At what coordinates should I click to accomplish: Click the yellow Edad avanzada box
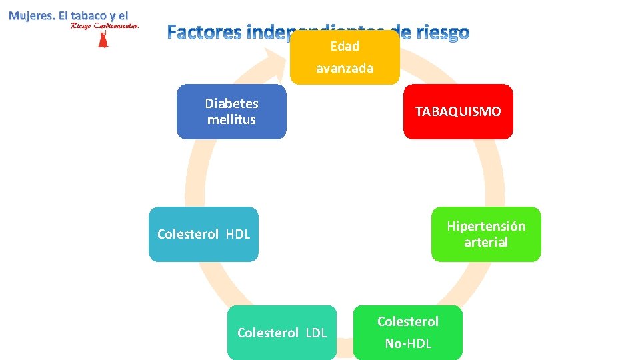(345, 57)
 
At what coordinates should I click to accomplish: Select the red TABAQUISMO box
(458, 111)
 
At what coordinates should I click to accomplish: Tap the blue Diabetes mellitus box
(231, 111)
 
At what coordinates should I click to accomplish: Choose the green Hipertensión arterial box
(486, 234)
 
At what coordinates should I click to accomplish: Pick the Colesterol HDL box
(203, 234)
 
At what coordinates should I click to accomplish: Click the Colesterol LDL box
(282, 333)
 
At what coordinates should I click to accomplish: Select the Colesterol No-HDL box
(408, 333)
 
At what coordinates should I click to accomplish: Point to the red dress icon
(103, 39)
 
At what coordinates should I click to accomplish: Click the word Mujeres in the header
(31, 15)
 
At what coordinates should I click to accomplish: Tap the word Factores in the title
(204, 32)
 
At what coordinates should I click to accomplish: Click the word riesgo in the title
(440, 32)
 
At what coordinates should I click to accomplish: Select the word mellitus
(231, 120)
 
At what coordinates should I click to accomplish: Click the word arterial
(486, 243)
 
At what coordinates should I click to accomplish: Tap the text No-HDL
(408, 344)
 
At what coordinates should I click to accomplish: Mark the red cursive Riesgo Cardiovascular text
(105, 26)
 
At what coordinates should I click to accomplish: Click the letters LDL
(316, 333)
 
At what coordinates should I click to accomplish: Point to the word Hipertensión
(486, 226)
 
